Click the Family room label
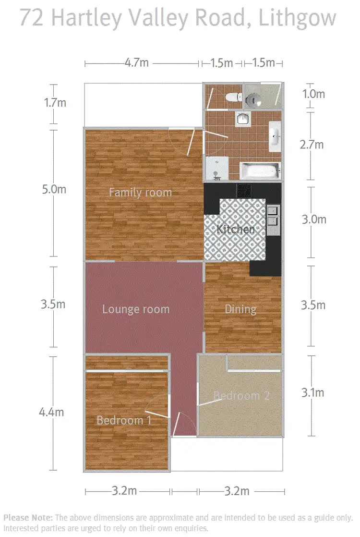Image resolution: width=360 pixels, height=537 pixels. click(x=140, y=193)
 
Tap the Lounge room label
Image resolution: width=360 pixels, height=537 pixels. click(x=136, y=309)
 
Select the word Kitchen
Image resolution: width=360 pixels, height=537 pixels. click(x=236, y=229)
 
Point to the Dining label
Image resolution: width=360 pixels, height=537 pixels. click(x=240, y=309)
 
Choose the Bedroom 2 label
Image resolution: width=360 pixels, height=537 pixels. click(x=241, y=396)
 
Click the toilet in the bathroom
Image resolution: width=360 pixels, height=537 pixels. click(x=233, y=97)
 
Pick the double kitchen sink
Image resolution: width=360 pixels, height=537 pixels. click(x=273, y=215)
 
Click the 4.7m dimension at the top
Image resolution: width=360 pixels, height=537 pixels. click(x=136, y=63)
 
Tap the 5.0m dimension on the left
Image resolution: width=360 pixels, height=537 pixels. click(x=54, y=189)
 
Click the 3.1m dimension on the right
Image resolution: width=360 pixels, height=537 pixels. click(x=312, y=393)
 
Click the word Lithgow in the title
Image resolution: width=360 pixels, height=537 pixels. click(x=297, y=18)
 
